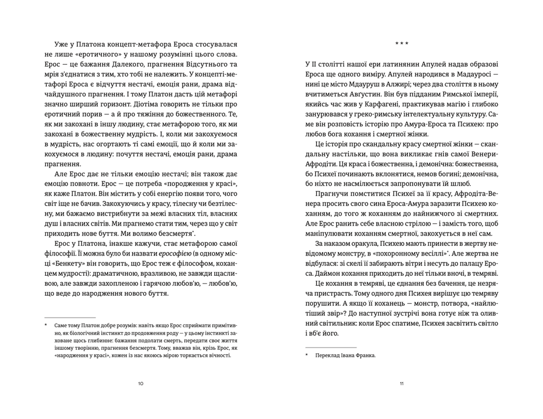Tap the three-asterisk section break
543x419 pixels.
tap(401, 44)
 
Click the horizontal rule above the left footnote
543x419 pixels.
tap(70, 317)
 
